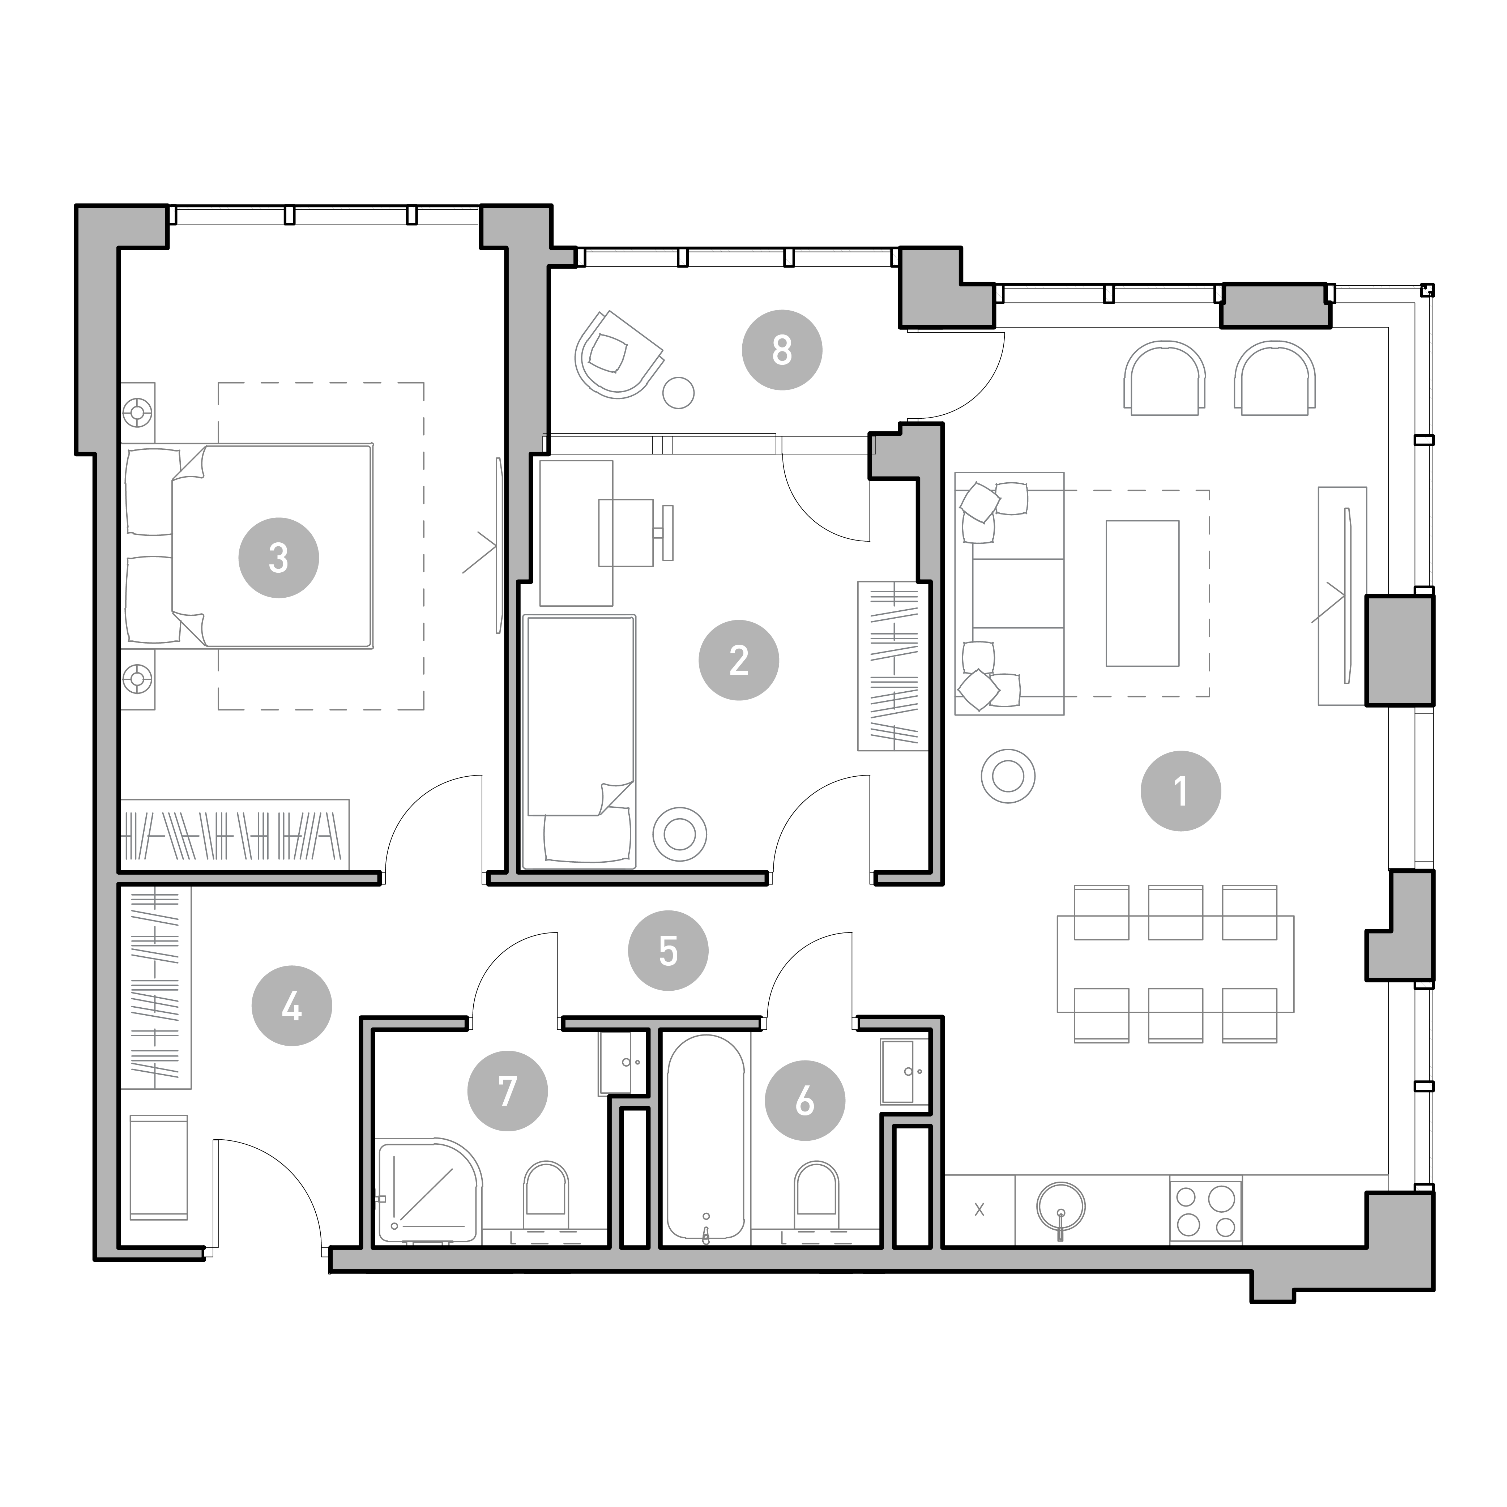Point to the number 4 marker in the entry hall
292,1006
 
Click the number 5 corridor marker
669,951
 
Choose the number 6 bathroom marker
805,1101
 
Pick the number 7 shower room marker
508,1090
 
